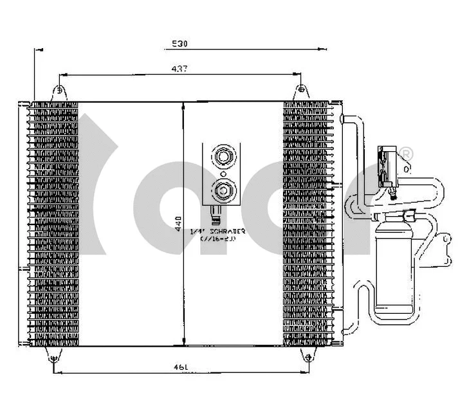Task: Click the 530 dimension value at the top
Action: tap(179, 44)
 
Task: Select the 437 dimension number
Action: tap(179, 69)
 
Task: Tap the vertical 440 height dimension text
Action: tap(178, 223)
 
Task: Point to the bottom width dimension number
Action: tap(180, 367)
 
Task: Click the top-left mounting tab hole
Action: tap(59, 91)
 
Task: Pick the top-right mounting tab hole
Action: tap(300, 91)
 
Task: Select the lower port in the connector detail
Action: tap(223, 189)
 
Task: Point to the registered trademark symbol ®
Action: tap(407, 153)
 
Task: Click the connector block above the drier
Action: tap(388, 167)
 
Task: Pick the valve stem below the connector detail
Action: tap(217, 213)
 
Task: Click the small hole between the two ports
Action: tap(223, 173)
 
